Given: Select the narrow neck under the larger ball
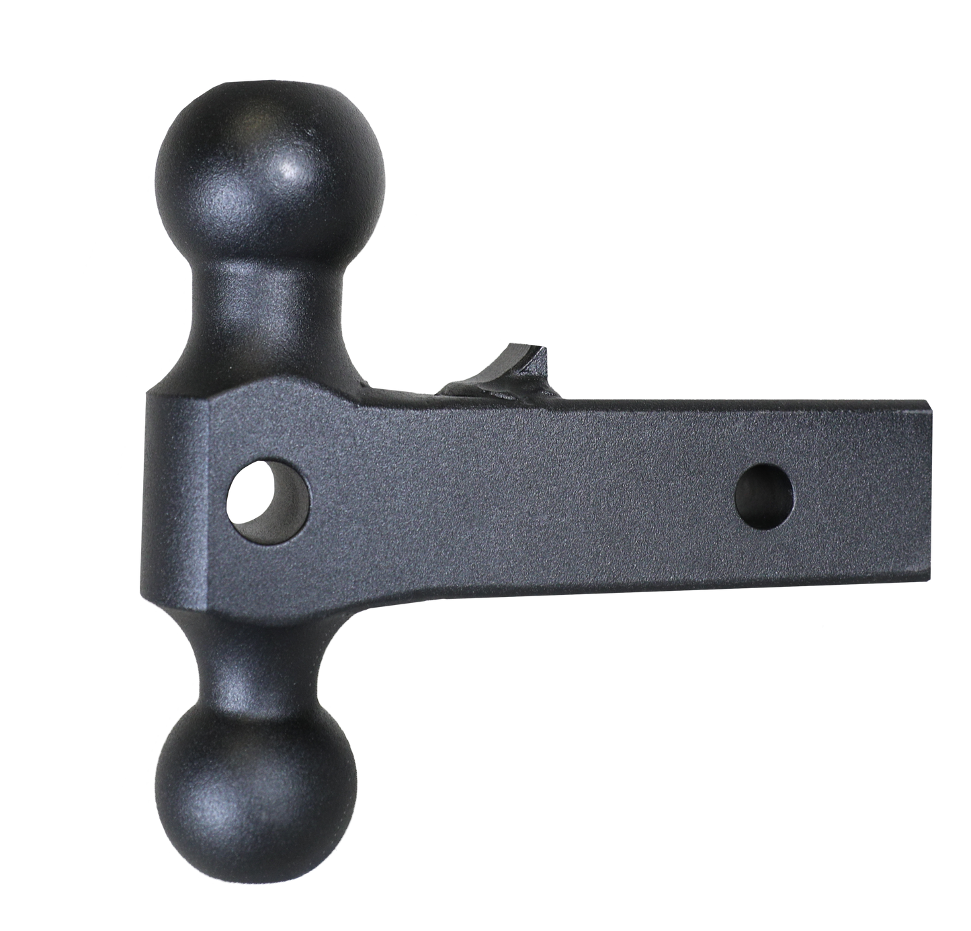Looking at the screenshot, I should [269, 316].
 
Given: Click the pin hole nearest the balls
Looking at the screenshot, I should [269, 497].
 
